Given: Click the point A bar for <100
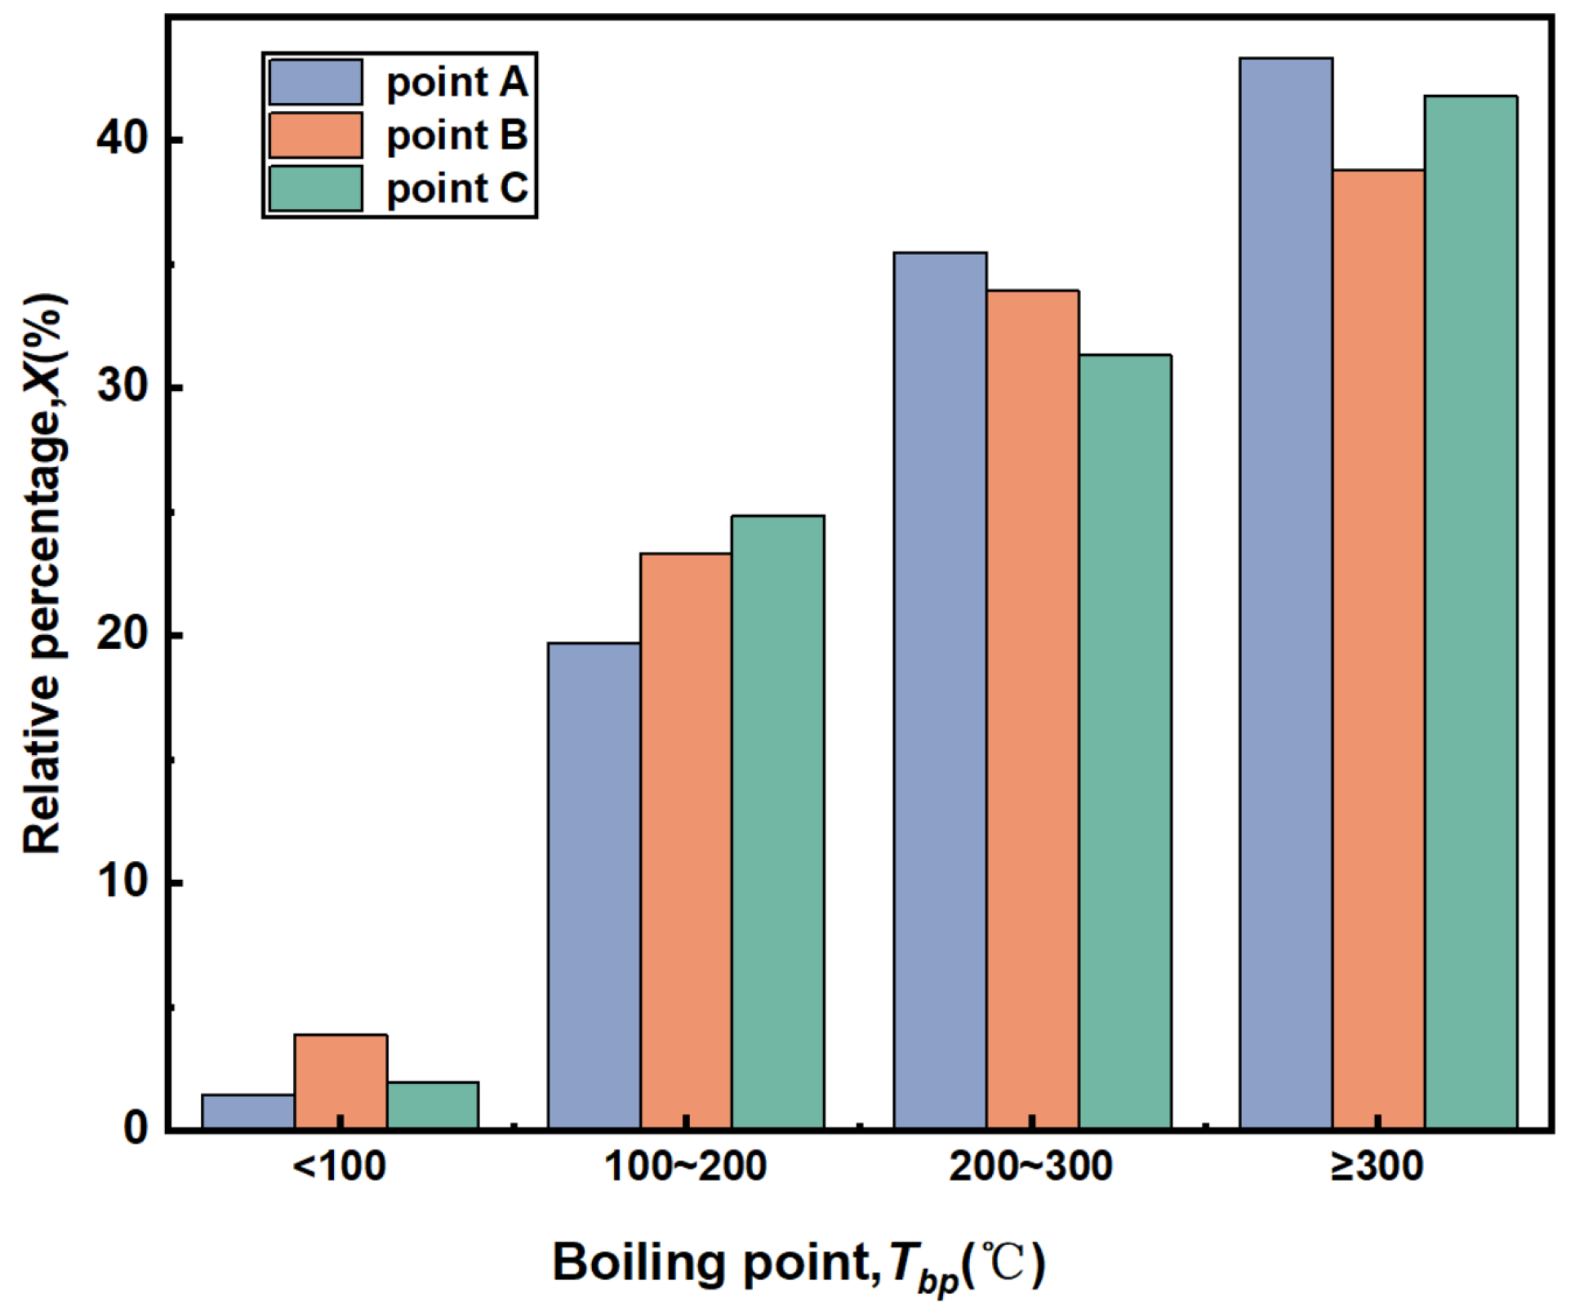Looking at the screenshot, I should [248, 1112].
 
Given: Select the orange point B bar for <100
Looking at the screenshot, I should [340, 1081].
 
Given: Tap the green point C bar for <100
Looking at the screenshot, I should [433, 1105].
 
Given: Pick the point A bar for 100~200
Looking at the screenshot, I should [594, 886].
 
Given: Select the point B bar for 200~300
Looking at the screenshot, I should [1033, 709].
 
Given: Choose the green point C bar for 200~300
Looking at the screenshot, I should [1125, 742].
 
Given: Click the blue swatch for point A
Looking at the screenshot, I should [316, 82].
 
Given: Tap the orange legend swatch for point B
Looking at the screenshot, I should [316, 135].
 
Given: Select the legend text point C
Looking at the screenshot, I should [457, 189].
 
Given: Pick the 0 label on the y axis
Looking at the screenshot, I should [136, 1129].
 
